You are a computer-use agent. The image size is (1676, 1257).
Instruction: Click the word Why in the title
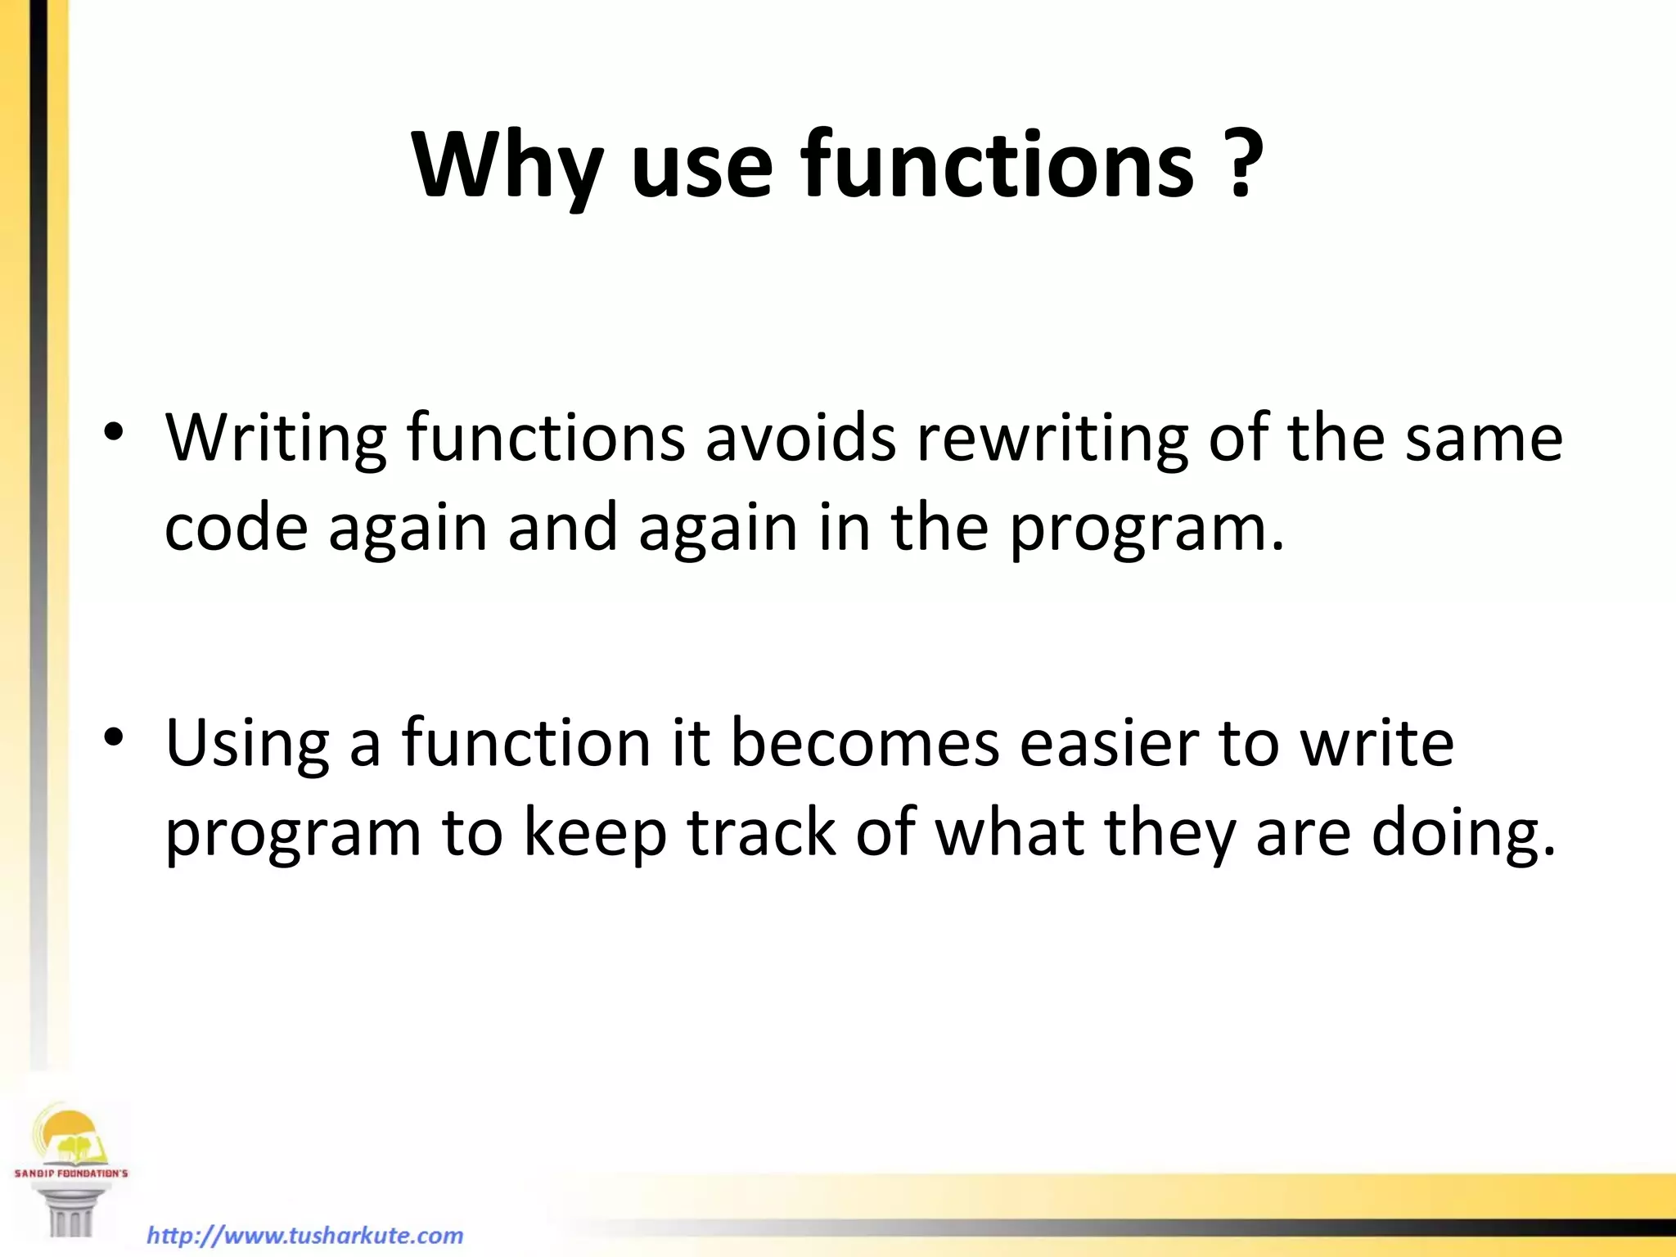508,166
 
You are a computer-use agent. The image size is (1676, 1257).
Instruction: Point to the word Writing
276,439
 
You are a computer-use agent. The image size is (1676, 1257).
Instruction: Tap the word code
236,528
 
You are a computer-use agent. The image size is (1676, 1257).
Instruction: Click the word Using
247,745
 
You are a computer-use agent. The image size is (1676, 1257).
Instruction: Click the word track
761,833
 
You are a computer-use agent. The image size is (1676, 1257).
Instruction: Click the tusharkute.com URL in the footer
304,1235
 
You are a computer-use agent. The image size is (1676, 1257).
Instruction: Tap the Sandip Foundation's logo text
71,1173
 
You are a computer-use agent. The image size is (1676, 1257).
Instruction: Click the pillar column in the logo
70,1215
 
